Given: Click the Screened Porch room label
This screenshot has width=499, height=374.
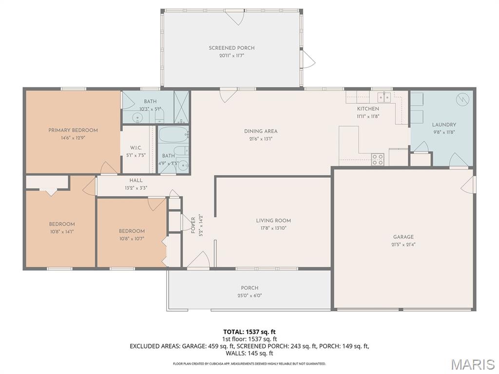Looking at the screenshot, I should [231, 48].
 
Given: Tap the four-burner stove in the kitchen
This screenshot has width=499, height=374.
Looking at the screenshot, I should [378, 159].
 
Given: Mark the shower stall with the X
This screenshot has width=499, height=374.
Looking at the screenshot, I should [181, 107].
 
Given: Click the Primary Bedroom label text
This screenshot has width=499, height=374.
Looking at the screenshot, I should [73, 130].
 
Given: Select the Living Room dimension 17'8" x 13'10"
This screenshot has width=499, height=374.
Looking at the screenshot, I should [273, 228].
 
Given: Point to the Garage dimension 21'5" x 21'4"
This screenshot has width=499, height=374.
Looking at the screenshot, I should [403, 244].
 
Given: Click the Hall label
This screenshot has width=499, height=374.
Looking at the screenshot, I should [136, 180].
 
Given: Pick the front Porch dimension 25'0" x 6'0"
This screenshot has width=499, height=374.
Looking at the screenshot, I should [249, 295].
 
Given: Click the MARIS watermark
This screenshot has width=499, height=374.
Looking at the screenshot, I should [472, 364].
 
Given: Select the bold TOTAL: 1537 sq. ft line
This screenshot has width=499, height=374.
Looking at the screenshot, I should [249, 332].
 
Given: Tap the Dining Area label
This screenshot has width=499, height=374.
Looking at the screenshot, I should [261, 131].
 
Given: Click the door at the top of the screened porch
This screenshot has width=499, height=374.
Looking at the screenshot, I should [236, 17].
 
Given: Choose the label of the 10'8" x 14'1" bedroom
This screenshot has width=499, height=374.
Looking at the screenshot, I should [62, 224].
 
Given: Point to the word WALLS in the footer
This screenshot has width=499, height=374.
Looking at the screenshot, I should [236, 354].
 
